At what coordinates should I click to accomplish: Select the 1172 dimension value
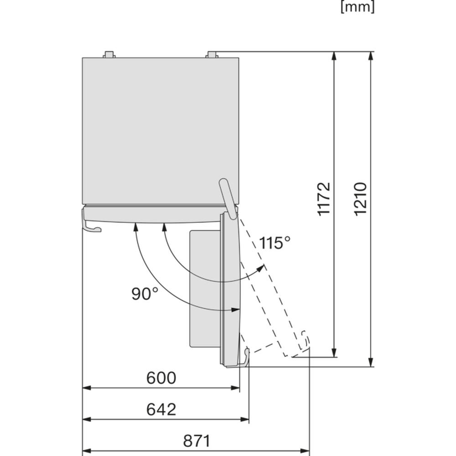(324, 199)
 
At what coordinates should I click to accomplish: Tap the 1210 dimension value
(361, 199)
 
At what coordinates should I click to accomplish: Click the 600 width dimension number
(161, 378)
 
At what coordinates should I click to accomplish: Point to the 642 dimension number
(161, 409)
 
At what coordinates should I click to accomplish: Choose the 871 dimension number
(197, 441)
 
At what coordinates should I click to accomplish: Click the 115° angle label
(275, 243)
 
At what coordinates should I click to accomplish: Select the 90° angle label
(145, 293)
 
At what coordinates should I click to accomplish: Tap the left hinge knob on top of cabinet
(109, 55)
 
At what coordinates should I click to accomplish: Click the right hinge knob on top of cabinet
(212, 55)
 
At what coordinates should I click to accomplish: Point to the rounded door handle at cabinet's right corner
(228, 199)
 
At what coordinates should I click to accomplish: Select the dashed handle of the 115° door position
(304, 340)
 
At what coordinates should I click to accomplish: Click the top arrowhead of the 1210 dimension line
(370, 56)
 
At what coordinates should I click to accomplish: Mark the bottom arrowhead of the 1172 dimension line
(334, 352)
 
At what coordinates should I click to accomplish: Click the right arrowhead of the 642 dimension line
(244, 420)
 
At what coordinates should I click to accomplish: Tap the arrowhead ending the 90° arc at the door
(235, 310)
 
